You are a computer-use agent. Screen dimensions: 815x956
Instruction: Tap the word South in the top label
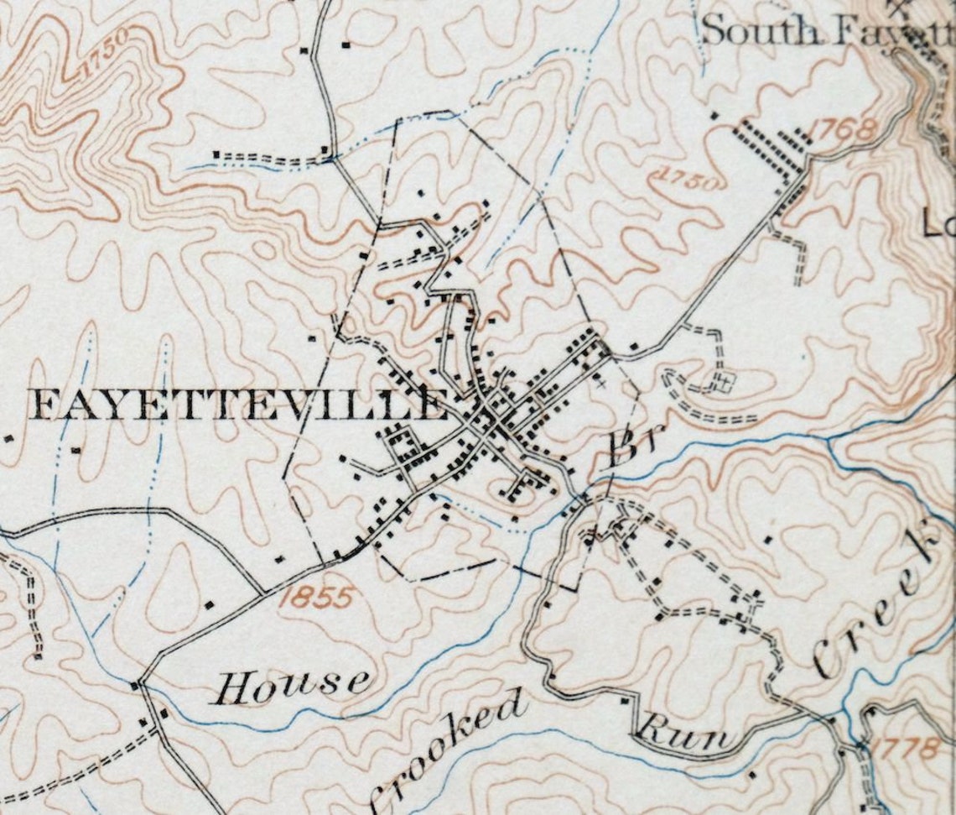click(x=761, y=31)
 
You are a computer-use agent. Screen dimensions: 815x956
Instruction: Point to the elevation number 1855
click(x=316, y=598)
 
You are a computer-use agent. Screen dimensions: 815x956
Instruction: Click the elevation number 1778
click(x=903, y=748)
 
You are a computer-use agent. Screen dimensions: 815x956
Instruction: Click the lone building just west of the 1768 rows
click(x=714, y=115)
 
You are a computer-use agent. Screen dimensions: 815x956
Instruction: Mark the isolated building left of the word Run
click(x=625, y=700)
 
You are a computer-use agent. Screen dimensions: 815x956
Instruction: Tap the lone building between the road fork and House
click(x=209, y=603)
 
